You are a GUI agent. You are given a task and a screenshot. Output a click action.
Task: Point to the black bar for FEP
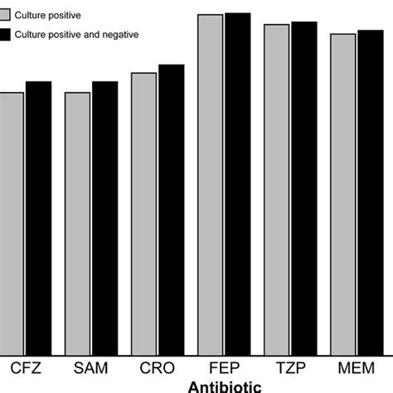coord(237,183)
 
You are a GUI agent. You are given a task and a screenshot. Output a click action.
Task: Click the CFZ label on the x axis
coord(25,367)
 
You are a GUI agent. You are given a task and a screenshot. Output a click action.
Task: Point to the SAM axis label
coord(91,367)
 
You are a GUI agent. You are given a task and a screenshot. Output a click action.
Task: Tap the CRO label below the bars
coord(158,367)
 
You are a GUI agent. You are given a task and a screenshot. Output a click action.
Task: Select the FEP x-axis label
coord(224,367)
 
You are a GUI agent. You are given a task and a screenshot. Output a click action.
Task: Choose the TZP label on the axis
coord(290,367)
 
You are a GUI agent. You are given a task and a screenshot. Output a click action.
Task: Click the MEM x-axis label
coord(357,367)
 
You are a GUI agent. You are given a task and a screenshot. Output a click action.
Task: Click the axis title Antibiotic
coord(225,386)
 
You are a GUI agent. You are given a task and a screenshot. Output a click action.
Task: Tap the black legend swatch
coord(5,34)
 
